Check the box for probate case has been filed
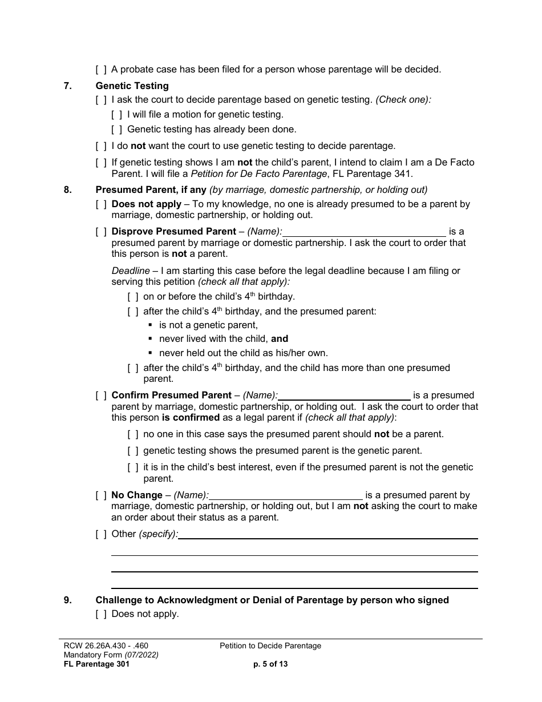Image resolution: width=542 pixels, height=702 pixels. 101,70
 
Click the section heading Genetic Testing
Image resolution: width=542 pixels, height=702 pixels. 132,86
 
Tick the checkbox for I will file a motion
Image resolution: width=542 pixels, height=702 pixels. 117,115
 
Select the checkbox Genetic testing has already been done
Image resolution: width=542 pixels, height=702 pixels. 117,130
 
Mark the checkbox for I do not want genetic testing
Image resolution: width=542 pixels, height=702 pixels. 101,146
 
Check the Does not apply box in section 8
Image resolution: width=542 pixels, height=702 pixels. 101,204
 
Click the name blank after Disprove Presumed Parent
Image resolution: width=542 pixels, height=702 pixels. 365,232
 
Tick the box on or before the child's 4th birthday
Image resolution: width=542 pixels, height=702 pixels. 133,297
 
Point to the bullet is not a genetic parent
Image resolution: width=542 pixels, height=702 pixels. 208,325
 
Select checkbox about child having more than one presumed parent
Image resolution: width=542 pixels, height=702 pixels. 133,368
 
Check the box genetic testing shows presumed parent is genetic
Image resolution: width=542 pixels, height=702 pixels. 133,451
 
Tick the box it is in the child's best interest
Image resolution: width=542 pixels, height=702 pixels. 133,467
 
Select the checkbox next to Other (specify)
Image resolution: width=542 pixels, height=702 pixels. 101,534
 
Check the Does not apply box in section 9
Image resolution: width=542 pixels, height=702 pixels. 101,614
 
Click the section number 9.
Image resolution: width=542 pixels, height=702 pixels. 67,600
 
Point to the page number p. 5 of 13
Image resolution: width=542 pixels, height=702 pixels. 270,664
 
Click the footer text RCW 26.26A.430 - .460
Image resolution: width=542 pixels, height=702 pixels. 106,646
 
